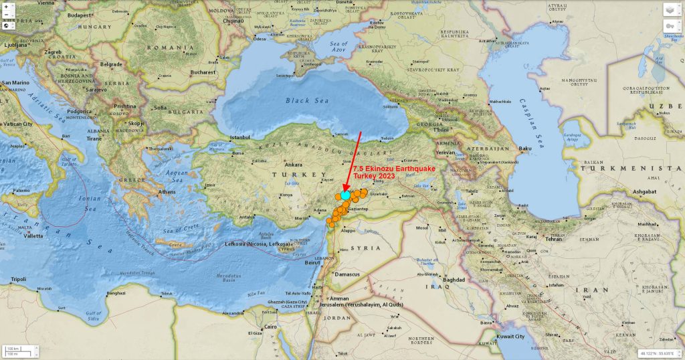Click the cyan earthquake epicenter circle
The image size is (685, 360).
click(x=345, y=195)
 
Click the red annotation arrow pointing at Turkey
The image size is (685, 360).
click(x=353, y=161)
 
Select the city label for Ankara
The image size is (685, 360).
click(x=294, y=165)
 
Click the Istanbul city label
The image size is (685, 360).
click(x=239, y=137)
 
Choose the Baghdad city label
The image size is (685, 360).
click(x=453, y=279)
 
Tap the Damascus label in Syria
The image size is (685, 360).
click(x=347, y=274)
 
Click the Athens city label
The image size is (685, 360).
click(x=167, y=192)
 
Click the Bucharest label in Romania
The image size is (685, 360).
click(x=202, y=72)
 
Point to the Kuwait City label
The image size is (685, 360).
click(x=510, y=337)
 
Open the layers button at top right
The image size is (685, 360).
click(x=671, y=9)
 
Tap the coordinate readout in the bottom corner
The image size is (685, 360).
click(x=658, y=352)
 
